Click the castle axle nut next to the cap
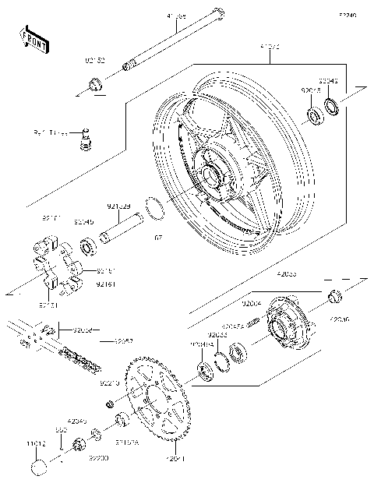click(x=79, y=446)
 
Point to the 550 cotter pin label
click(x=60, y=429)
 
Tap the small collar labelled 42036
click(x=335, y=295)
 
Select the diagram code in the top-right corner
click(x=347, y=14)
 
